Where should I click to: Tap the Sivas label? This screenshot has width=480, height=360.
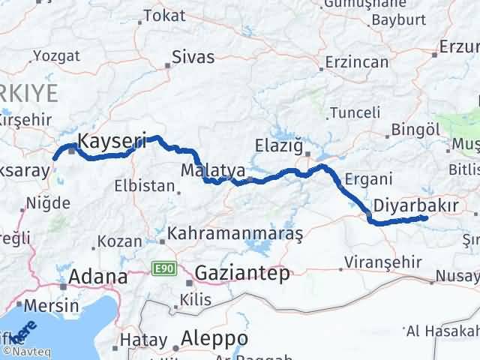click(193, 57)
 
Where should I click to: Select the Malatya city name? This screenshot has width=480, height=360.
click(213, 171)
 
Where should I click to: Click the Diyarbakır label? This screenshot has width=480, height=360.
click(410, 203)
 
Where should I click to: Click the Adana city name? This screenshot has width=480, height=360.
click(97, 277)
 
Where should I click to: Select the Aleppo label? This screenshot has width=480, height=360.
click(214, 339)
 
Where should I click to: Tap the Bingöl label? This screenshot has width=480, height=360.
click(413, 130)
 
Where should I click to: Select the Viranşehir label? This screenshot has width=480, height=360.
click(375, 262)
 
